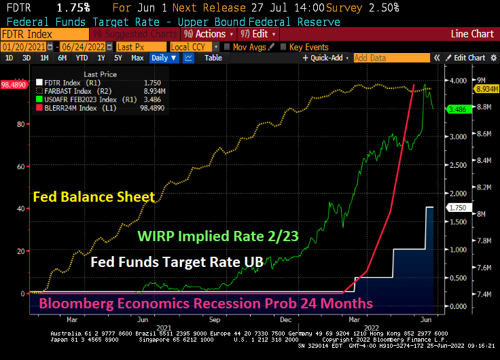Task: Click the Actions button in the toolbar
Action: tap(208, 33)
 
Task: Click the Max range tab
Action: tap(137, 58)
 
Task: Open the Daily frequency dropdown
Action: tap(164, 58)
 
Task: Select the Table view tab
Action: tap(213, 58)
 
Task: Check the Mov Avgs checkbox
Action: tap(226, 46)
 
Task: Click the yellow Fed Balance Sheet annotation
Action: tap(94, 197)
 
